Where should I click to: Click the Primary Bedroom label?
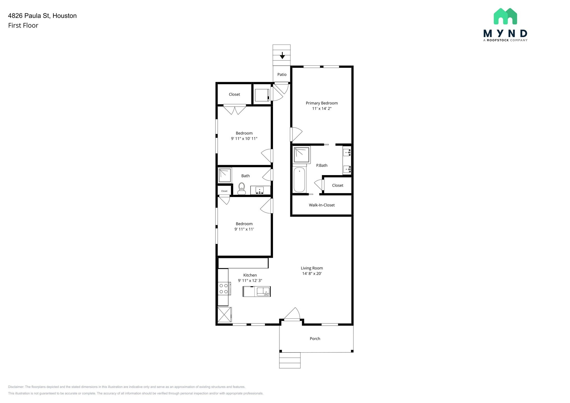pyautogui.click(x=321, y=103)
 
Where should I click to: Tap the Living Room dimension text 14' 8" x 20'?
pyautogui.click(x=312, y=274)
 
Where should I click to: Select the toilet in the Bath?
pyautogui.click(x=241, y=188)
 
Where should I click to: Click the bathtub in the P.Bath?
pyautogui.click(x=299, y=180)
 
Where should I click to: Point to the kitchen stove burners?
pyautogui.click(x=223, y=288)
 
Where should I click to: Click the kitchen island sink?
pyautogui.click(x=263, y=291)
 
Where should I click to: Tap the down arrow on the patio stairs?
pyautogui.click(x=282, y=55)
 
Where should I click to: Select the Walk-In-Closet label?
pyautogui.click(x=321, y=205)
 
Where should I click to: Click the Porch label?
pyautogui.click(x=315, y=339)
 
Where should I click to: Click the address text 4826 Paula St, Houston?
pyautogui.click(x=42, y=16)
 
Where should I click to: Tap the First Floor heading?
pyautogui.click(x=23, y=26)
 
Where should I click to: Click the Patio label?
pyautogui.click(x=282, y=75)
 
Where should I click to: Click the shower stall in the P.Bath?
pyautogui.click(x=301, y=155)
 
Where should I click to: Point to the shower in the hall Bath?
pyautogui.click(x=225, y=175)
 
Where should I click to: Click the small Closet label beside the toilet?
pyautogui.click(x=224, y=191)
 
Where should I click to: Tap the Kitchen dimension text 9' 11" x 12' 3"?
pyautogui.click(x=250, y=281)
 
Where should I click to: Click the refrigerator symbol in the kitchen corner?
pyautogui.click(x=224, y=314)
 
